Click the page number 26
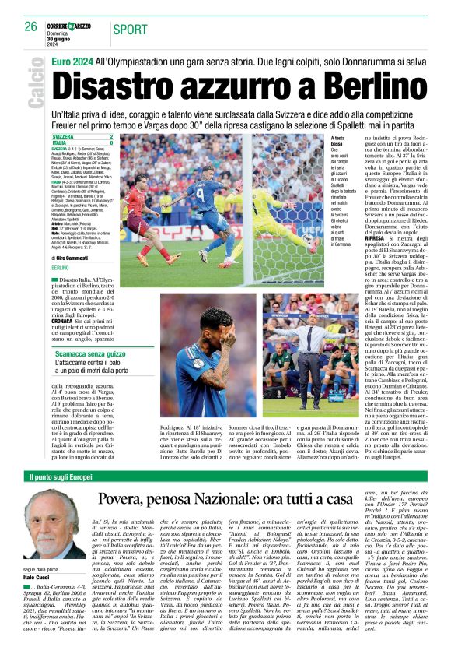(30, 26)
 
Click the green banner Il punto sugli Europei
(61, 476)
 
